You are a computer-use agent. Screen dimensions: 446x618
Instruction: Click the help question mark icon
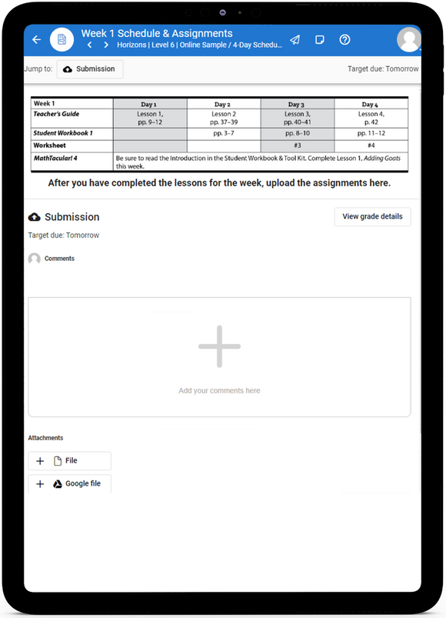click(x=344, y=39)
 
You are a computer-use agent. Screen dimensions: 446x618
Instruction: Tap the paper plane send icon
click(x=295, y=39)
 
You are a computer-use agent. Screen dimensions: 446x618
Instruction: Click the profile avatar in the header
click(x=409, y=39)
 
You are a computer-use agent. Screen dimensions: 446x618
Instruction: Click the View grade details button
click(x=372, y=216)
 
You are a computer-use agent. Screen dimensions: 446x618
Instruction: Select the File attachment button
click(x=70, y=460)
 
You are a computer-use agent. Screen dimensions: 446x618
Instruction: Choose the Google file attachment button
click(x=70, y=484)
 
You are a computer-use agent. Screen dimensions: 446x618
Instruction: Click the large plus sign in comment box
click(x=219, y=346)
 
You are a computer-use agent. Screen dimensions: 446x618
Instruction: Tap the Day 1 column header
click(x=149, y=104)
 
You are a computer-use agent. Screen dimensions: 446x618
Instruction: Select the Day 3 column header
click(x=297, y=104)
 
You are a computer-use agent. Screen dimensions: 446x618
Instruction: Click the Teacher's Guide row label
click(x=57, y=114)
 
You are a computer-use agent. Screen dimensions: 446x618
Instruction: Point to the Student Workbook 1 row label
click(x=63, y=133)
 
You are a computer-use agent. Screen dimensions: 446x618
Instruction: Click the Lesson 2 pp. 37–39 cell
click(x=223, y=118)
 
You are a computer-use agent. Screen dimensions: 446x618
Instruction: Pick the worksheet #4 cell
click(x=371, y=145)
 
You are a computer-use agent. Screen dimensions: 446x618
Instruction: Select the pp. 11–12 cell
click(x=371, y=133)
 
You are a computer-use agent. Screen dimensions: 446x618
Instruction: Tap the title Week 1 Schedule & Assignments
click(x=157, y=33)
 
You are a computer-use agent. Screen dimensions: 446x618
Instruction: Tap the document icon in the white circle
click(x=62, y=39)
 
